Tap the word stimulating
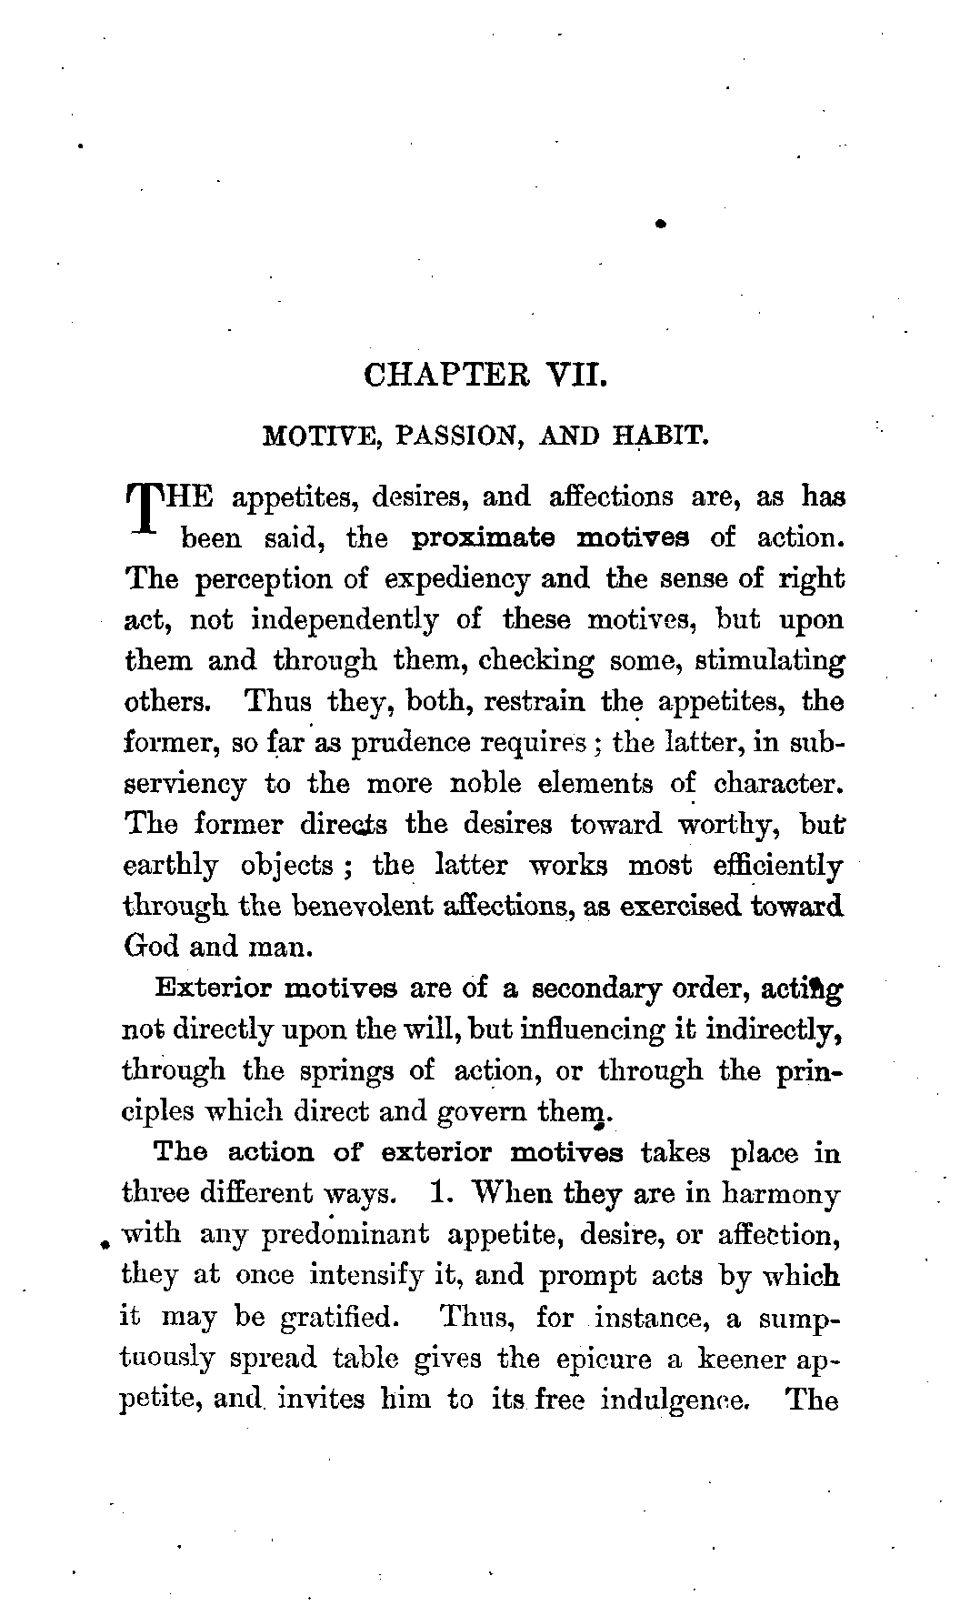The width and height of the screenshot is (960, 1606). tap(769, 661)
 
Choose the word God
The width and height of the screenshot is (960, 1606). tap(151, 947)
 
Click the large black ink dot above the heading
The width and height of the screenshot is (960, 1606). tap(662, 222)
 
